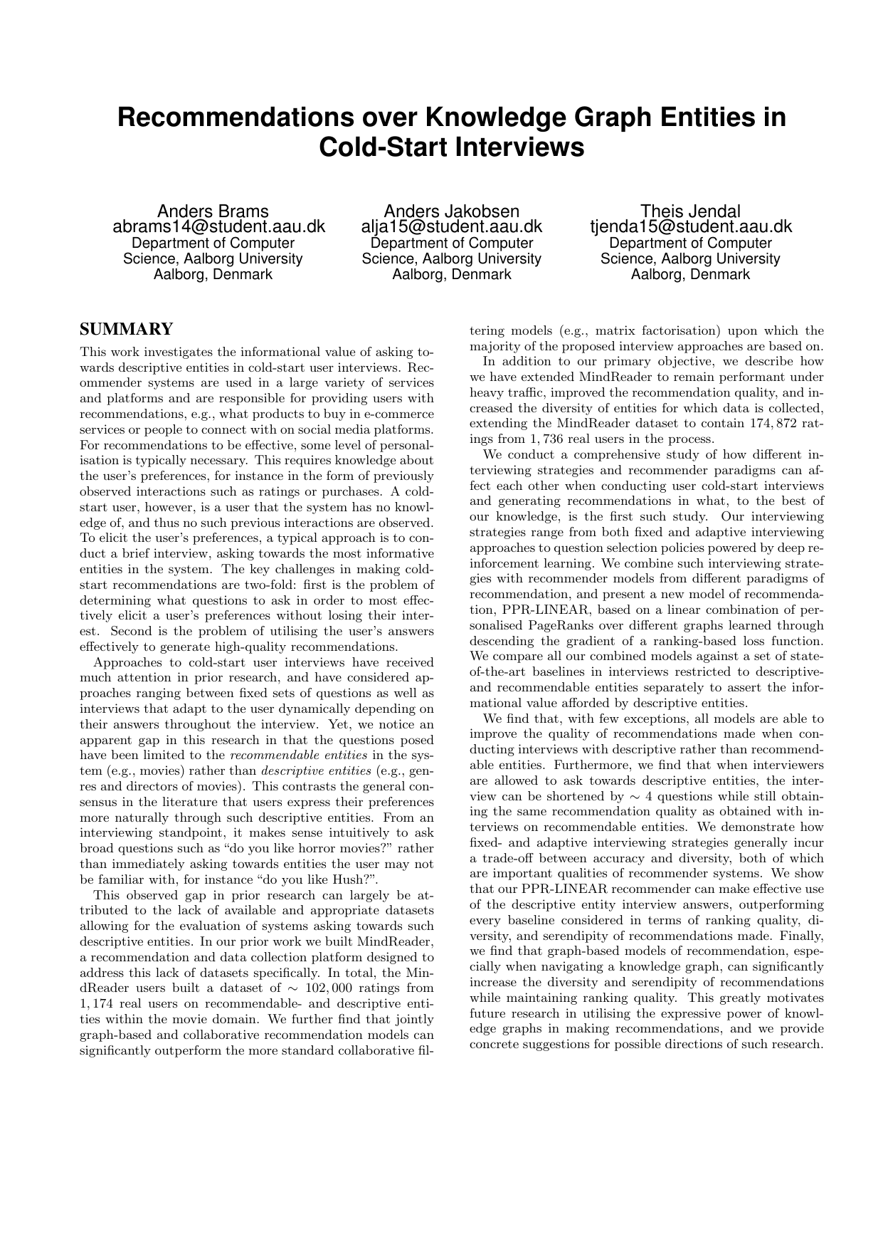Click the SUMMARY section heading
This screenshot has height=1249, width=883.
point(126,329)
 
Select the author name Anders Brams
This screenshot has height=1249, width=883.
point(213,211)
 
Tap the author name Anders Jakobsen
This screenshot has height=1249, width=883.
point(451,211)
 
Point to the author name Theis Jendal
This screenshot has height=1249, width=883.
point(690,211)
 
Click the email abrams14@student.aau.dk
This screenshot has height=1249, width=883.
point(219,227)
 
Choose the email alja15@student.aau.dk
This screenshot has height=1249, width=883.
point(452,227)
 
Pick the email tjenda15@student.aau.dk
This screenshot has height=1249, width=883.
point(690,227)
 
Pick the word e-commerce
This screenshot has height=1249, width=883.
point(401,414)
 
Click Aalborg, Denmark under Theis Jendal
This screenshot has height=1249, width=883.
point(690,274)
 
